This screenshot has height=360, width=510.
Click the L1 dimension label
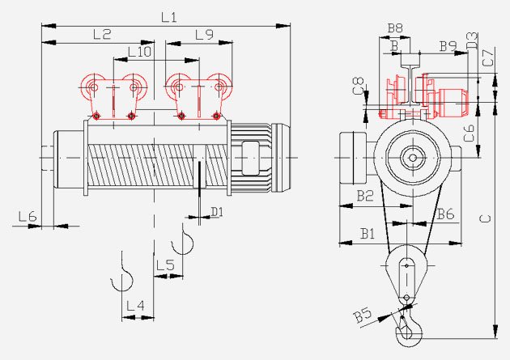point(169,17)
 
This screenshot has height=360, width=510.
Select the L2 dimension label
point(102,34)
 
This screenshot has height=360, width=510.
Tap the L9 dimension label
point(204,35)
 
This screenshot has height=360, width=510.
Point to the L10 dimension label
point(139,52)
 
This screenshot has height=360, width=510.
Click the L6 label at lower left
point(28,216)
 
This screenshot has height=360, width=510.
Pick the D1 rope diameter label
point(217,212)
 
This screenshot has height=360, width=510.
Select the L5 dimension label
point(165,265)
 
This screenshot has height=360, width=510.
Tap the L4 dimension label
point(135,306)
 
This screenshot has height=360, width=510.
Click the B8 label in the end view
point(395,28)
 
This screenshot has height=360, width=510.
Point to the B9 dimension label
point(448,46)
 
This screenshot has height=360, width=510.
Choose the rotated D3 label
point(472,40)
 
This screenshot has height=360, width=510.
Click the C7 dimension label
point(488,57)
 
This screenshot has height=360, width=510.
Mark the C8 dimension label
point(359,86)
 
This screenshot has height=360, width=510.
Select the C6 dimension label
point(469,133)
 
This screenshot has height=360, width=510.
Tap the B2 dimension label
point(365,196)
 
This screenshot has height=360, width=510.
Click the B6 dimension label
point(445,214)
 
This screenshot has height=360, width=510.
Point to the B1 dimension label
point(368,233)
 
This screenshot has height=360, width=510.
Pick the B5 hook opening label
point(363,315)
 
